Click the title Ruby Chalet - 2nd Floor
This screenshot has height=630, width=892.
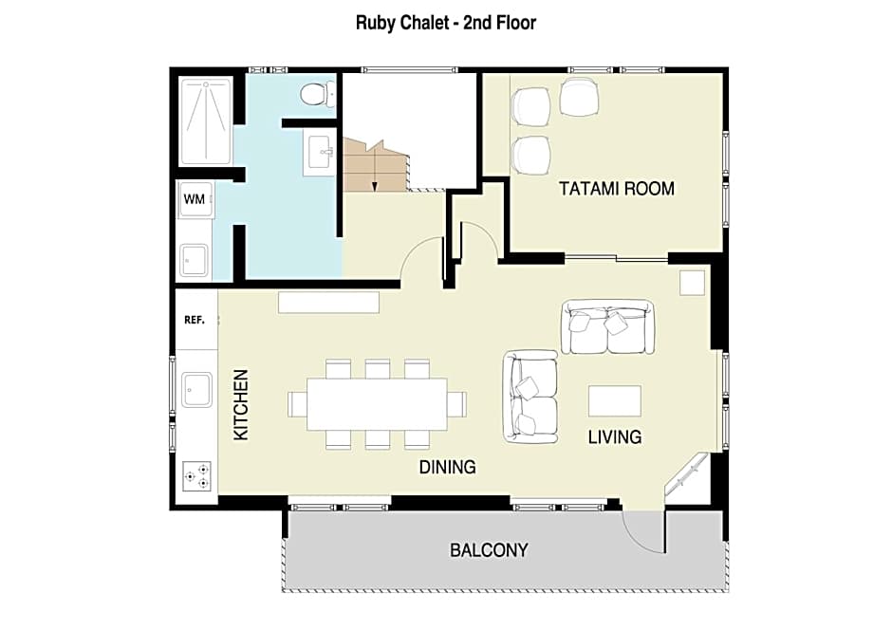coord(445,22)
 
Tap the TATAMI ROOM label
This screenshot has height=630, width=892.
coord(616,188)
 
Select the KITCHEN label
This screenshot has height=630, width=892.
coord(241,403)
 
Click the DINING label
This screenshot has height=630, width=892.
coord(447,467)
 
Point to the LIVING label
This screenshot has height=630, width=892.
coord(614,437)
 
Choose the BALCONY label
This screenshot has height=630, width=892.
coord(489,550)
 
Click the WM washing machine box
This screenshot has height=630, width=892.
coord(195,199)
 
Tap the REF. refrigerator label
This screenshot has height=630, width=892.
coord(195,321)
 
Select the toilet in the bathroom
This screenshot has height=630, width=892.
coord(314,93)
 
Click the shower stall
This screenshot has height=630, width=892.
coord(205,121)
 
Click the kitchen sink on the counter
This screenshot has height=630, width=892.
coord(196,387)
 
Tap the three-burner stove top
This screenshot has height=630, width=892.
coord(196,475)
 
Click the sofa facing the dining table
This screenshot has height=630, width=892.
coord(530,396)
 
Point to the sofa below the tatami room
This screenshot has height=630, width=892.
coord(607,326)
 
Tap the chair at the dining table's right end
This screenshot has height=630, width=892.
coord(457,403)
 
